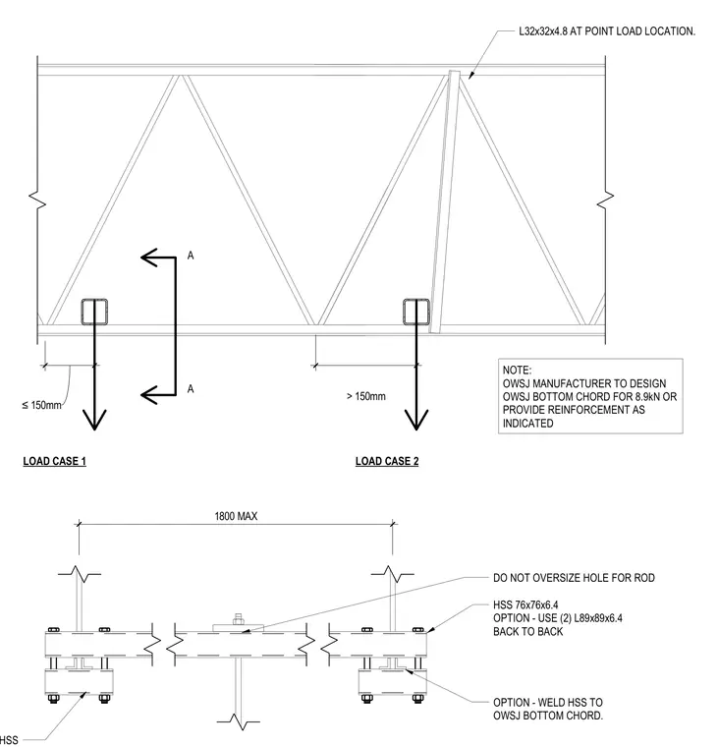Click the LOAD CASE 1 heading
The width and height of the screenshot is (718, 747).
click(x=55, y=461)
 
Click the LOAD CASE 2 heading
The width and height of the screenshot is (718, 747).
click(x=387, y=461)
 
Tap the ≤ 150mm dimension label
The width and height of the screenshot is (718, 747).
click(x=42, y=405)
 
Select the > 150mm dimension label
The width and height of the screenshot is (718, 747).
click(x=366, y=396)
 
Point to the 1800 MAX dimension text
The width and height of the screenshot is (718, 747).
click(x=236, y=516)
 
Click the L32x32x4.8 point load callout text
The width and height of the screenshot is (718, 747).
click(x=607, y=31)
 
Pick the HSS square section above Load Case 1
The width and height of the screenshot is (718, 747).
click(x=94, y=312)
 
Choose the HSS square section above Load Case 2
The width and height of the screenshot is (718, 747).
click(x=416, y=312)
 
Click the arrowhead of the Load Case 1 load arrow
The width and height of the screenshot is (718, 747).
click(x=94, y=421)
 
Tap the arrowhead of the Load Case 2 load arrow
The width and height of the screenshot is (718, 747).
click(x=416, y=421)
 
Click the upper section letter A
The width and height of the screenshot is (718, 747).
click(x=191, y=256)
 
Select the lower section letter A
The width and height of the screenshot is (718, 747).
click(x=191, y=389)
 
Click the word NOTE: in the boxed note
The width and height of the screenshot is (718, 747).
click(x=517, y=371)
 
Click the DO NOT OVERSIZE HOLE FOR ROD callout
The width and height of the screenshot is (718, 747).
click(x=574, y=578)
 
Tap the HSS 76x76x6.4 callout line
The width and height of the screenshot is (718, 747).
click(x=525, y=605)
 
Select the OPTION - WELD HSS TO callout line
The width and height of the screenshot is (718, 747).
click(x=548, y=702)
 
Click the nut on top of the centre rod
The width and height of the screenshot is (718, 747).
click(x=238, y=619)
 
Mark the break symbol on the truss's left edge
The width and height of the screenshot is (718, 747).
click(x=37, y=201)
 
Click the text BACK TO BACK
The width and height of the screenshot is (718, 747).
click(x=528, y=632)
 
